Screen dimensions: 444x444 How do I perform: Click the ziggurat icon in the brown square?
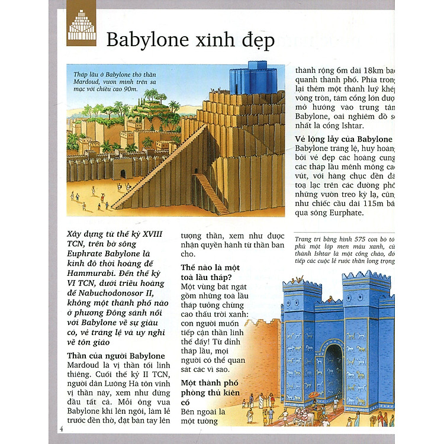click(x=82, y=25)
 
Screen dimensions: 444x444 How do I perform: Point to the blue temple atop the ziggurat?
click(x=246, y=78)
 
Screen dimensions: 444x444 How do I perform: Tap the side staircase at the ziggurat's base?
click(x=211, y=193)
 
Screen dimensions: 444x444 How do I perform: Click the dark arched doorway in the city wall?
click(x=123, y=173)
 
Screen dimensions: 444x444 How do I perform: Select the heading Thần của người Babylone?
click(x=116, y=356)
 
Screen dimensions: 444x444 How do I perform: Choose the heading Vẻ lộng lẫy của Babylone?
click(x=344, y=139)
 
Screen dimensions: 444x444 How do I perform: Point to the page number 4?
click(x=62, y=427)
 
